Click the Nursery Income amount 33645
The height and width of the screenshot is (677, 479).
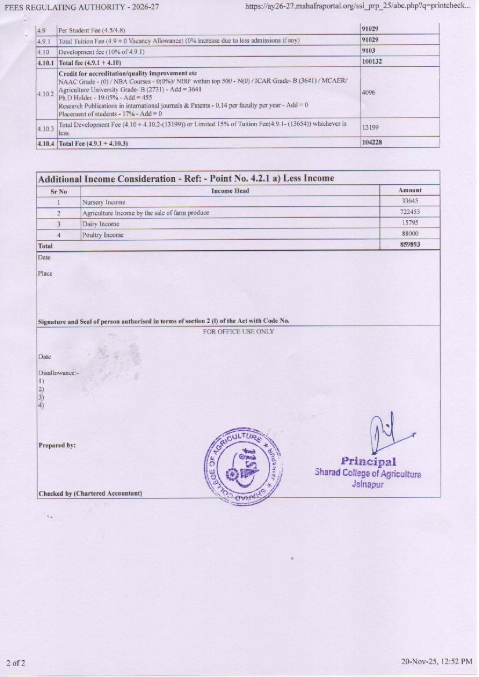tap(410, 201)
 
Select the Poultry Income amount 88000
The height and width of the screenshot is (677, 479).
tap(410, 234)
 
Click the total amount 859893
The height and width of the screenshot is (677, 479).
tap(410, 245)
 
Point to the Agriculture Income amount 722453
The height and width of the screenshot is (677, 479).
tap(410, 212)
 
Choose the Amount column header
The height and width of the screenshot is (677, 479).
tap(410, 190)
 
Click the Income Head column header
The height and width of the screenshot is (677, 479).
tap(230, 191)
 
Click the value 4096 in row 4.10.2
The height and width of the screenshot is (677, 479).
tap(369, 92)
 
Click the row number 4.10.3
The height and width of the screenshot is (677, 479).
tap(46, 127)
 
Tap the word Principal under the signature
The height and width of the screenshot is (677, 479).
tap(368, 462)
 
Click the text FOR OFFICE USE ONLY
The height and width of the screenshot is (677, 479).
tap(238, 331)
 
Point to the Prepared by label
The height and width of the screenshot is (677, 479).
tap(57, 445)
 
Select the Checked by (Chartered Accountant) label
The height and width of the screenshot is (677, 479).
tap(90, 493)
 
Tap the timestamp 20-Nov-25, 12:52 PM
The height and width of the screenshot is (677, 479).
tap(437, 661)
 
